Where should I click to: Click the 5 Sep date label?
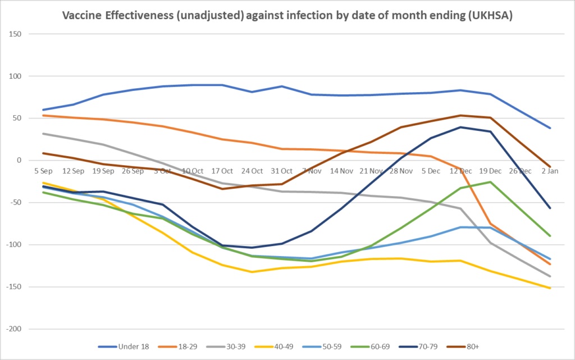click(43, 171)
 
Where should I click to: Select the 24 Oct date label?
click(252, 171)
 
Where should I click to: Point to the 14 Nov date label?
click(341, 171)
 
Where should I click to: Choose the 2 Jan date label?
click(550, 171)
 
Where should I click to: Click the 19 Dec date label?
click(490, 171)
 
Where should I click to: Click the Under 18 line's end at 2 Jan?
click(550, 128)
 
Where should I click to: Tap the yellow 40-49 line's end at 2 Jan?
click(550, 288)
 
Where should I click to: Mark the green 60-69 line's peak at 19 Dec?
click(491, 182)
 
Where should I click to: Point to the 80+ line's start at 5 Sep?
click(43, 153)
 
